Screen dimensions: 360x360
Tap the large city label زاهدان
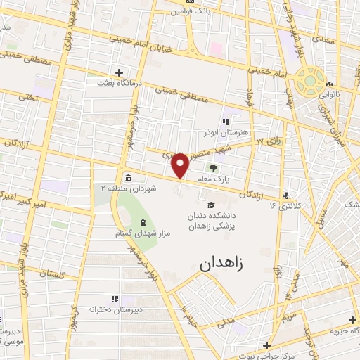pyautogui.click(x=224, y=265)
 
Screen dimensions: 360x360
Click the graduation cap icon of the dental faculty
pyautogui.click(x=211, y=204)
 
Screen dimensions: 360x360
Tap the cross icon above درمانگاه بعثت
pyautogui.click(x=120, y=72)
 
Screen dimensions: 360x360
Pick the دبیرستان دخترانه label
pyautogui.click(x=110, y=309)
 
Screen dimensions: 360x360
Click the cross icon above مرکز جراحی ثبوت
pyautogui.click(x=266, y=345)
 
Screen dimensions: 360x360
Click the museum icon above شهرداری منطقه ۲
pyautogui.click(x=128, y=177)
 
